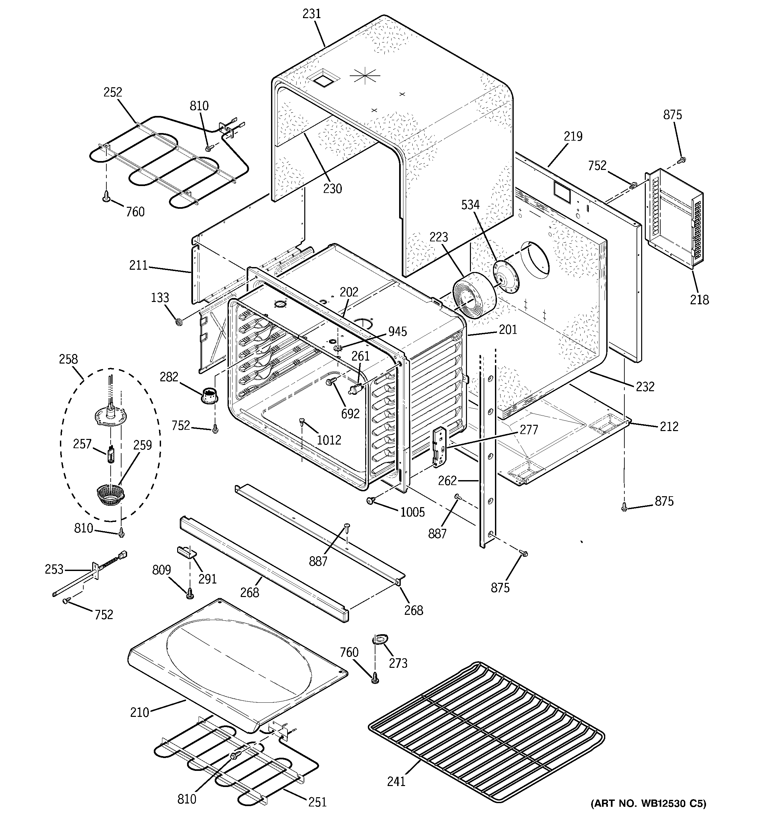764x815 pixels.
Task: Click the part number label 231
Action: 311,14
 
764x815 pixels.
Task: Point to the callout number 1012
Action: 329,440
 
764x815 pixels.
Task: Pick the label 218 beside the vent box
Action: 699,300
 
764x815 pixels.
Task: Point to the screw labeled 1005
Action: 371,501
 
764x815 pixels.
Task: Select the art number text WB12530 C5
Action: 649,803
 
